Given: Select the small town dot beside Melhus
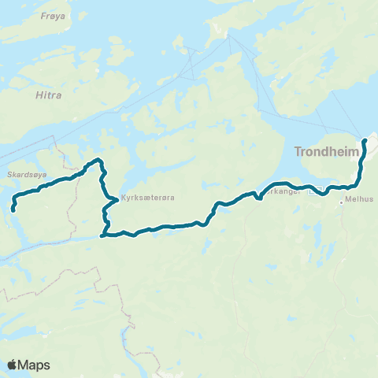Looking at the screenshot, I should [x=341, y=202].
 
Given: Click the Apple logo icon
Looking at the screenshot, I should [x=12, y=365].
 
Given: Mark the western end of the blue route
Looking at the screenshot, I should [x=13, y=209].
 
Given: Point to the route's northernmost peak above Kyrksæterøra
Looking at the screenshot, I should [x=99, y=161].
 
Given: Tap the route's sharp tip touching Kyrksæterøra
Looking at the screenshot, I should [x=117, y=199].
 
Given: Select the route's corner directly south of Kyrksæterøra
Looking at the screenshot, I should [x=102, y=234].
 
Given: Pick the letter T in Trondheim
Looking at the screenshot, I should [x=298, y=150].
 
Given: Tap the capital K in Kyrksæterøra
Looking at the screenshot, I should [x=122, y=199].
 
